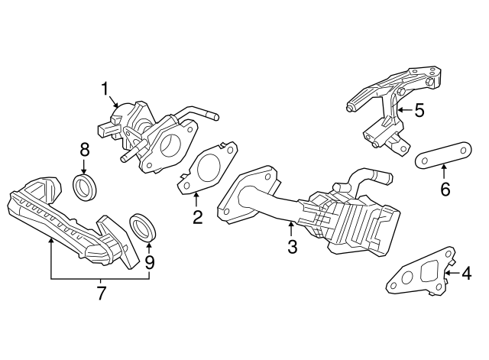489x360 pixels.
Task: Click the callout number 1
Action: pyautogui.click(x=105, y=90)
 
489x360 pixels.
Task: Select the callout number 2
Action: pyautogui.click(x=197, y=218)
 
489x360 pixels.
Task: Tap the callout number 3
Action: pyautogui.click(x=291, y=246)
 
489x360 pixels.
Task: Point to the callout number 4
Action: pyautogui.click(x=466, y=273)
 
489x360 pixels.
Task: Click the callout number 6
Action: pyautogui.click(x=445, y=188)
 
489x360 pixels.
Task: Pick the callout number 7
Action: pyautogui.click(x=100, y=293)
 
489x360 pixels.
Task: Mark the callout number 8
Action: pyautogui.click(x=84, y=151)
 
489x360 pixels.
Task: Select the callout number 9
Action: pyautogui.click(x=150, y=261)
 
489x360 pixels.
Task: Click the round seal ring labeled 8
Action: pyautogui.click(x=85, y=187)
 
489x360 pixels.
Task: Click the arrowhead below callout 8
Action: pyautogui.click(x=84, y=171)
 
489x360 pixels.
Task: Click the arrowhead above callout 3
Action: pyautogui.click(x=291, y=223)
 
